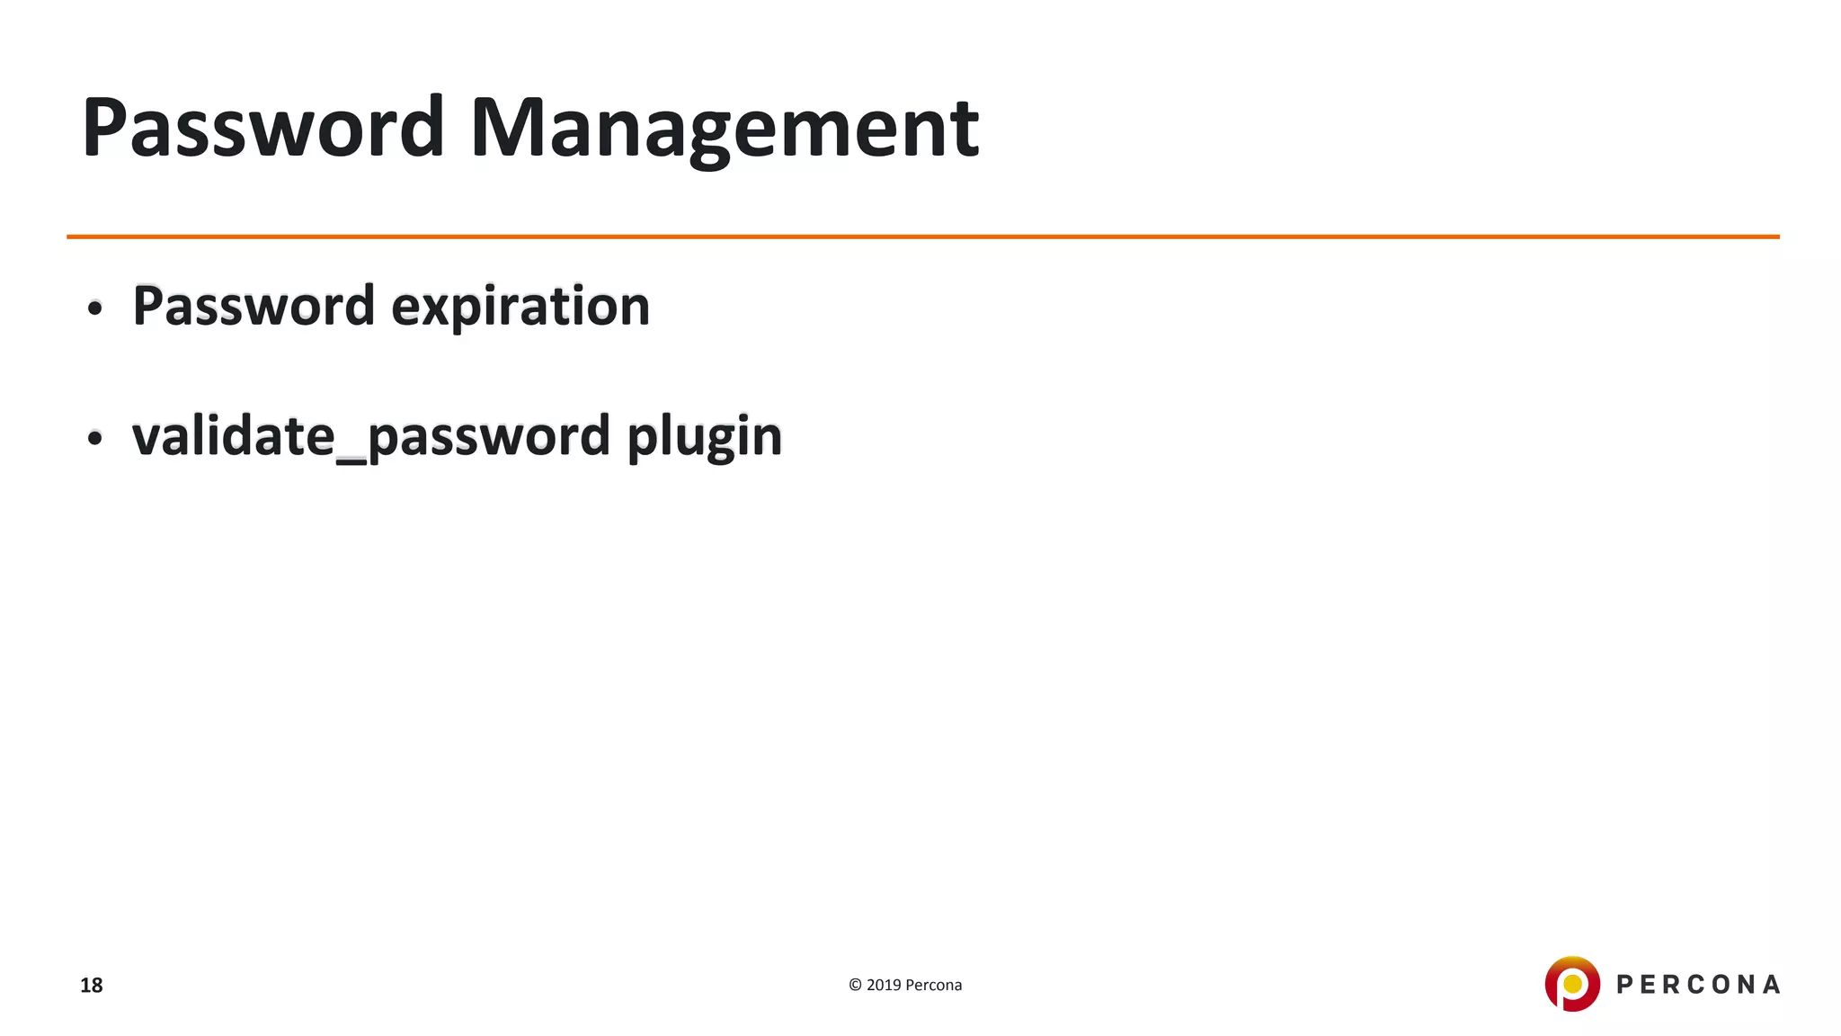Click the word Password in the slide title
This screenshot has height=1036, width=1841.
262,128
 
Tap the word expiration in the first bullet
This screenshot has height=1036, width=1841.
520,307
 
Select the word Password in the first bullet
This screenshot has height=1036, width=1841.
253,307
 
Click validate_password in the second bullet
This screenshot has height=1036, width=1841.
371,437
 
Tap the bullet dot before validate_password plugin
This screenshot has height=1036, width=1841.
95,440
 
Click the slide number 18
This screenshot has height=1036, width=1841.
91,986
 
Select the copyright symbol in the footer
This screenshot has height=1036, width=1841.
855,985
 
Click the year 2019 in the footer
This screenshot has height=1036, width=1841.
884,985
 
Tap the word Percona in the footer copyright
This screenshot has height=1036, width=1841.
933,985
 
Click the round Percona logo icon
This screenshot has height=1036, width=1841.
1572,984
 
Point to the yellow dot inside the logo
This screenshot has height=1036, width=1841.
1572,984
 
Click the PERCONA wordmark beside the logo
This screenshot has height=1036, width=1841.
1698,985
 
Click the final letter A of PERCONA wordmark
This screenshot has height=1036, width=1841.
1771,985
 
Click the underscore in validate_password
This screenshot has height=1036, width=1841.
351,460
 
